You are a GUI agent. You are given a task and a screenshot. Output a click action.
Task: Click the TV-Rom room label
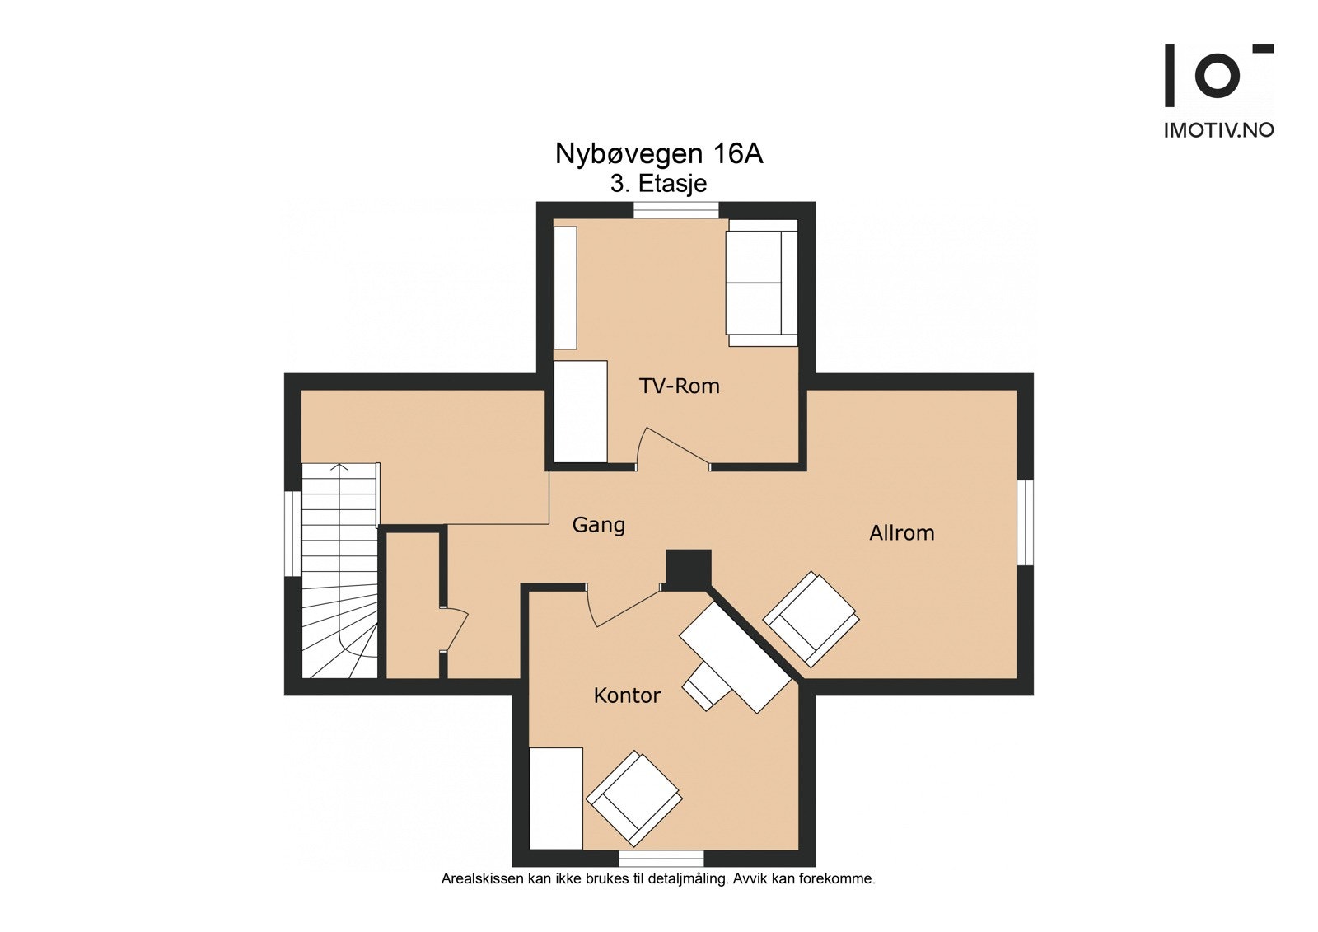679,386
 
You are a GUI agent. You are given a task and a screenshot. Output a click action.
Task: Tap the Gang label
598,525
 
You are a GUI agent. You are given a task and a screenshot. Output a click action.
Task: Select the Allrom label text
901,533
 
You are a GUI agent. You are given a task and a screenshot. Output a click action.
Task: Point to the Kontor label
627,695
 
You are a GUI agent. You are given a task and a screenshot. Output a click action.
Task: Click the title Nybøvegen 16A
658,154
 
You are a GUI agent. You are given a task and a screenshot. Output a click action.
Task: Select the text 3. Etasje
658,183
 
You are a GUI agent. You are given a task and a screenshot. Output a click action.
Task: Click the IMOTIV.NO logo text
1218,130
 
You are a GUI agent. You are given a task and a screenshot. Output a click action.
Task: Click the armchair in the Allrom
811,618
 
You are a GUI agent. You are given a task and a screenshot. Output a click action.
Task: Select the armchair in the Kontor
633,797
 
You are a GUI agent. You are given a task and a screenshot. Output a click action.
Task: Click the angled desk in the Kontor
735,657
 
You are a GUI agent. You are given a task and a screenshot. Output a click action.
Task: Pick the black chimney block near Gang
688,569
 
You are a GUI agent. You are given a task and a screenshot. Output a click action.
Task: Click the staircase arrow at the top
339,468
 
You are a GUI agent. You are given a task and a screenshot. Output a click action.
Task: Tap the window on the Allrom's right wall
1025,522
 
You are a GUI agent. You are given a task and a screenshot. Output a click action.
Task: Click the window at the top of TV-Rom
675,211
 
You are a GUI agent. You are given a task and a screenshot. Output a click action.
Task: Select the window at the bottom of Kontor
661,858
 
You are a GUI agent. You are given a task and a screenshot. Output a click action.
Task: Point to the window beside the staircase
292,533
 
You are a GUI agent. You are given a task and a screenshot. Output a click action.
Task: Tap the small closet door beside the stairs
456,630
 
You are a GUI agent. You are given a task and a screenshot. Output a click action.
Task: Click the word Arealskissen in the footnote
482,878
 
